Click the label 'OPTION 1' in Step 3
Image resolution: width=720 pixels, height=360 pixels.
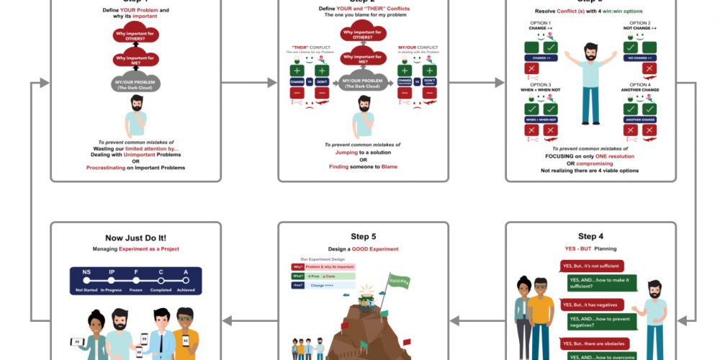click(540, 23)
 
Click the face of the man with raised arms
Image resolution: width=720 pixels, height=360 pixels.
click(590, 52)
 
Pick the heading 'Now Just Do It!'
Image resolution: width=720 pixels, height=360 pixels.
click(135, 238)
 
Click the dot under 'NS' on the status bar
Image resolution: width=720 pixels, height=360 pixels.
click(86, 280)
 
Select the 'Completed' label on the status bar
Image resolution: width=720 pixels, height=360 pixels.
click(161, 290)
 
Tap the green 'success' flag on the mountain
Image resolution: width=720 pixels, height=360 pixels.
click(398, 279)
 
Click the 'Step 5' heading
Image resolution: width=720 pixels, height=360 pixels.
click(363, 237)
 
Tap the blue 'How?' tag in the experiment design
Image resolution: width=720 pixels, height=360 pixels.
click(297, 285)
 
